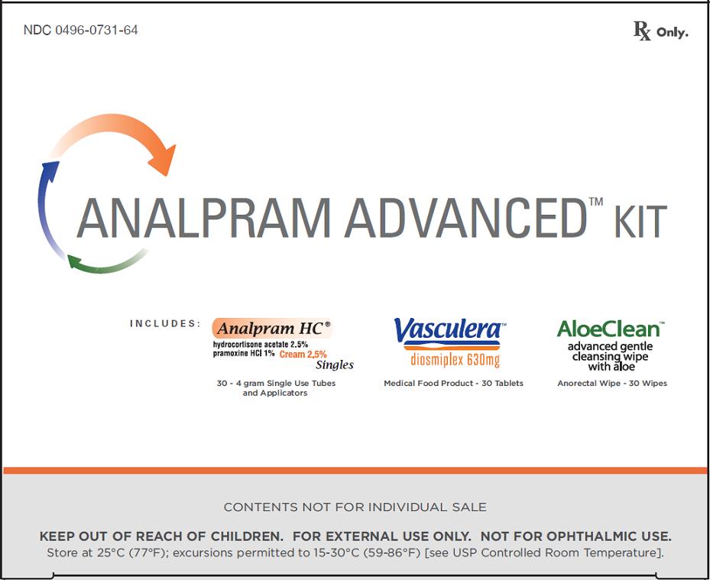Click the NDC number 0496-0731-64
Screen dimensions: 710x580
pos(96,31)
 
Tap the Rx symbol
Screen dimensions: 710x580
pos(642,31)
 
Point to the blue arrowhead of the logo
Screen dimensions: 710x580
pos(50,171)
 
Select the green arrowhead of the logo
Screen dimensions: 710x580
pos(75,261)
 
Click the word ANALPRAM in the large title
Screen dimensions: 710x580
pos(204,218)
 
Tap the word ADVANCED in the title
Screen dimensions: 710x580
pos(465,218)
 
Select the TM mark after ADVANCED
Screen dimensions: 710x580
pos(596,202)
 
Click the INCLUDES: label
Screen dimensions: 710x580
pos(165,324)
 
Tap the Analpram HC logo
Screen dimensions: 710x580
pos(273,329)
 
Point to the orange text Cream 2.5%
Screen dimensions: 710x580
pos(303,355)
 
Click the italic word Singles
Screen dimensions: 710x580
pos(335,365)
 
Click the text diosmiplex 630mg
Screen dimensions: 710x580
pos(455,360)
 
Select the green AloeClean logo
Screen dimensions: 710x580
pos(609,329)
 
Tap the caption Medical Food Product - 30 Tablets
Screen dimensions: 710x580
pos(453,384)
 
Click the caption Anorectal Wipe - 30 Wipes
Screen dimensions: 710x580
pos(612,384)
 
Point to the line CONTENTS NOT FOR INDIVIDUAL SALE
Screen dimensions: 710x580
pos(355,507)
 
